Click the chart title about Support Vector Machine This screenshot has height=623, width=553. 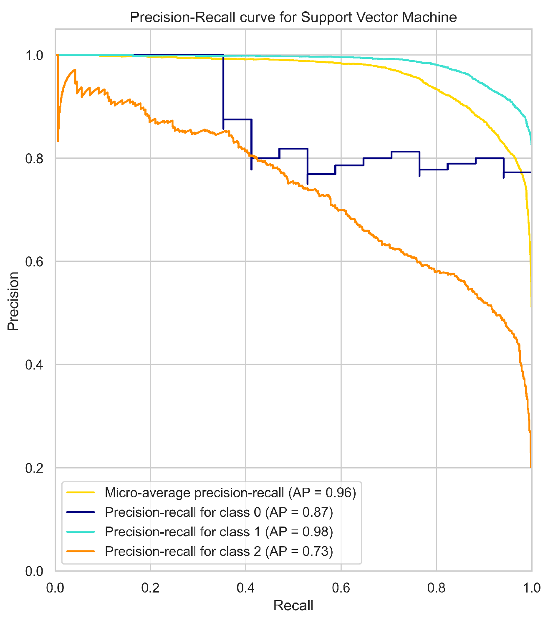coord(293,18)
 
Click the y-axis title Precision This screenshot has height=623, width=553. coord(13,301)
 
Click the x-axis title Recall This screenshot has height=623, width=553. coord(293,605)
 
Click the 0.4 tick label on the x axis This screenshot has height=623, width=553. coord(245,588)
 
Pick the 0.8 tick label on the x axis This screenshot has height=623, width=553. coord(436,588)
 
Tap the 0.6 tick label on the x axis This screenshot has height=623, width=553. coord(341,588)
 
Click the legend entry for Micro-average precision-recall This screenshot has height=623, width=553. coord(230,493)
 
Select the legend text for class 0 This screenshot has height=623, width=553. coord(219,512)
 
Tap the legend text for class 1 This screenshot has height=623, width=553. coord(219,532)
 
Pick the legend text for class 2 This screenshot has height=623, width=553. coord(219,551)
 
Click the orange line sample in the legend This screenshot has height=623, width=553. coord(81,551)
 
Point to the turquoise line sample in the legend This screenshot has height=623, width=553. coord(81,532)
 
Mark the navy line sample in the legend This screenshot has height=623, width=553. coord(81,512)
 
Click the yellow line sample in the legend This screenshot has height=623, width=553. coord(81,493)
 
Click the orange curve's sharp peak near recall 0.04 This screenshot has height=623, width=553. coord(75,70)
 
